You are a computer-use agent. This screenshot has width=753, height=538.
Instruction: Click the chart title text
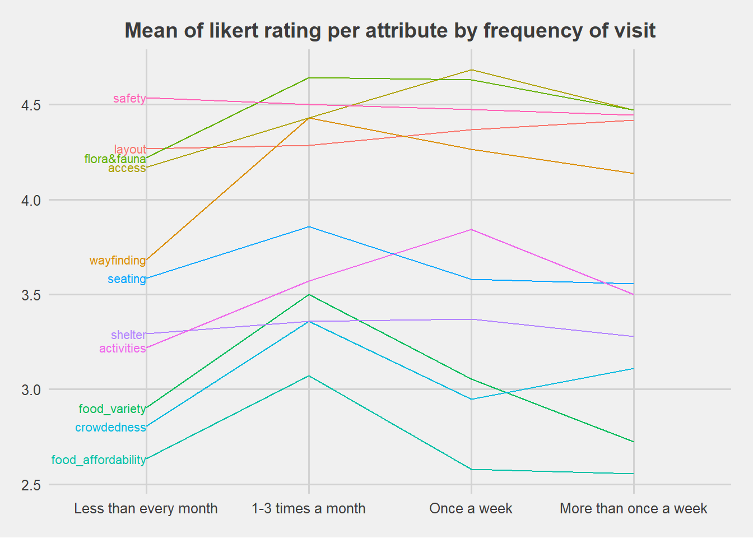[390, 30]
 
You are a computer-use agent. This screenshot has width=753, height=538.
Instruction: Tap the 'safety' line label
[129, 99]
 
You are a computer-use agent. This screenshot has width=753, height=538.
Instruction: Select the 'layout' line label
[130, 150]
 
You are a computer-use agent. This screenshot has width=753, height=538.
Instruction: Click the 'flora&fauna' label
[115, 159]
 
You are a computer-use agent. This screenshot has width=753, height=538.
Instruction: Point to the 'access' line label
[127, 168]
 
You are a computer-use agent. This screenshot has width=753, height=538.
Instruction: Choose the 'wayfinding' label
[118, 261]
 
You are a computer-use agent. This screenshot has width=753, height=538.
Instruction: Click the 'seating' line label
[127, 279]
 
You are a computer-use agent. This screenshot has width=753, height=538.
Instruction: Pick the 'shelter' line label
[128, 335]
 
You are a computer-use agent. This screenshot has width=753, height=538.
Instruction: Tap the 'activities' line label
[122, 349]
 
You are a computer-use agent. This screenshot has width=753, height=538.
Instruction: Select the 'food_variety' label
[112, 409]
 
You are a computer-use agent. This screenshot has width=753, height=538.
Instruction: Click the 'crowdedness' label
[110, 428]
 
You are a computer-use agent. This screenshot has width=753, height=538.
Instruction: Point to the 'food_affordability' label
[99, 460]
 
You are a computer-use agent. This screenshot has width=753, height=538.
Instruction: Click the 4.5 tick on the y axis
[31, 105]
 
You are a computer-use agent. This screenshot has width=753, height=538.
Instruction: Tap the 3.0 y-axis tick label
[31, 390]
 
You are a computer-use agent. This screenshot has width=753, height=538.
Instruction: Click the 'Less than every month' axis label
[146, 509]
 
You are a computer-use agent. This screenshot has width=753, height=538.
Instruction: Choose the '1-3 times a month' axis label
[309, 509]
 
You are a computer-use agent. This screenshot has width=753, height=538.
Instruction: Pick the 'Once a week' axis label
[471, 509]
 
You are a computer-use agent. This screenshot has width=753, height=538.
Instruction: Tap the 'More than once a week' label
[633, 509]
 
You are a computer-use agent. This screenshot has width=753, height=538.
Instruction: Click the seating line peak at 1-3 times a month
[309, 227]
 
